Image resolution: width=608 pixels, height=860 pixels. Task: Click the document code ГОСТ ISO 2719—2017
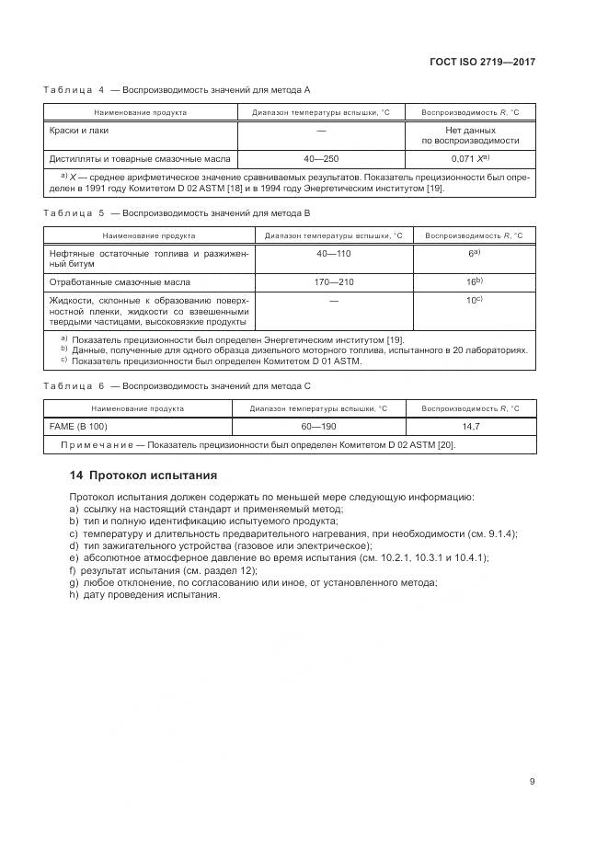[482, 62]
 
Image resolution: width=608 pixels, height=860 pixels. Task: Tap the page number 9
[532, 782]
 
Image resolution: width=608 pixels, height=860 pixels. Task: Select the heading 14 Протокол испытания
[143, 476]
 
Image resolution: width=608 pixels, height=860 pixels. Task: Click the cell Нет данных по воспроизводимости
[470, 135]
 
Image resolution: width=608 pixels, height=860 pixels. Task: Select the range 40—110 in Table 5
[333, 253]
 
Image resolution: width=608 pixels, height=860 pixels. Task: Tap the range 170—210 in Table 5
[333, 282]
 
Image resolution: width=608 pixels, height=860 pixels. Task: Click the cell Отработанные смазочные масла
[120, 282]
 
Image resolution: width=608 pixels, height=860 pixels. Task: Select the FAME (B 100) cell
[78, 427]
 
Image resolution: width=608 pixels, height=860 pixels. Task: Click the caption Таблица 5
[75, 212]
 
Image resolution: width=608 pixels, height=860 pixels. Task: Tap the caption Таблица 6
[75, 386]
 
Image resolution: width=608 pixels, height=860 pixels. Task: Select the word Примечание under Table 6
[98, 445]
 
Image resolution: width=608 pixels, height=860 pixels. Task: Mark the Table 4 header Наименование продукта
[141, 112]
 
